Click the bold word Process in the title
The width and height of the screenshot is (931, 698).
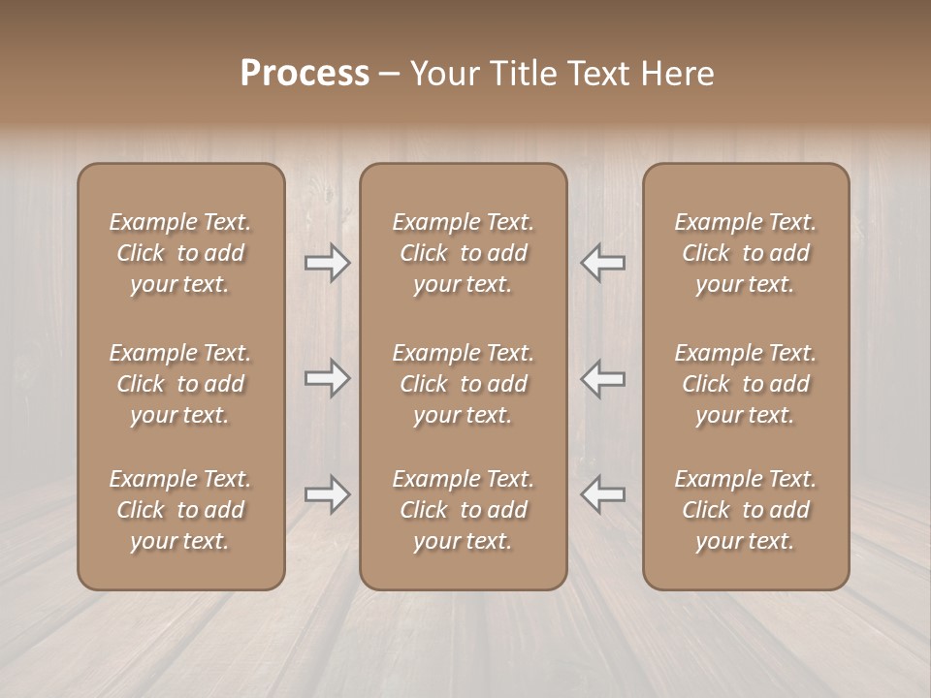305,74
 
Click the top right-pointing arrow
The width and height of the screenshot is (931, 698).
328,263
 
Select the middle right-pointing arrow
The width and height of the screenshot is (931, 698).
328,378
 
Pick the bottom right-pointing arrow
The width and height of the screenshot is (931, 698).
328,494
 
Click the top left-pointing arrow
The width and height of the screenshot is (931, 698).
602,263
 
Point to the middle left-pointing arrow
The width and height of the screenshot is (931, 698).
602,378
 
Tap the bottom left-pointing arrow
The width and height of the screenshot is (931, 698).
602,494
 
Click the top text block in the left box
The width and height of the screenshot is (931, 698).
180,253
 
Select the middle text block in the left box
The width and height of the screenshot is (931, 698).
180,384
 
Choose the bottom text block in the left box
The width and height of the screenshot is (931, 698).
180,510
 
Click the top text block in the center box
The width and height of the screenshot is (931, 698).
463,253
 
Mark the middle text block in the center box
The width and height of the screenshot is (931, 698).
463,384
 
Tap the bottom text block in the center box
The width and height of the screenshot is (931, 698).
463,510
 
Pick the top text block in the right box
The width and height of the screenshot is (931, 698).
746,253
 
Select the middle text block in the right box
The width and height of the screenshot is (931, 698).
746,384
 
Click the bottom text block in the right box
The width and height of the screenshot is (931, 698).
746,510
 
